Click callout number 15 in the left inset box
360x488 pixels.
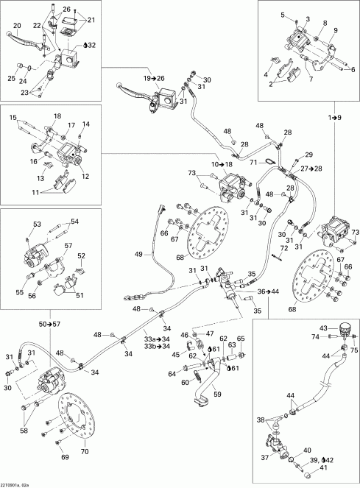[x=13, y=117]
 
